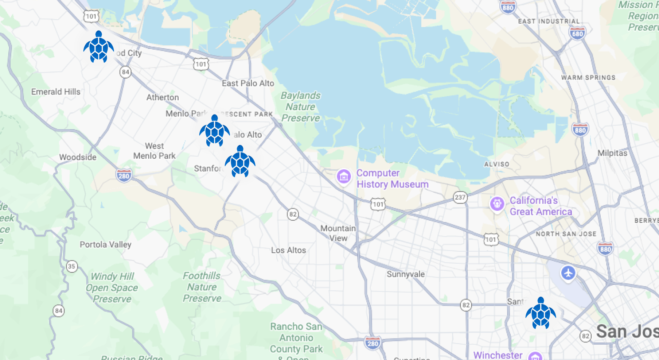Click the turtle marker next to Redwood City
(98, 47)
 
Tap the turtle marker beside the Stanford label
(240, 162)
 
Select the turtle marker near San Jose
(541, 313)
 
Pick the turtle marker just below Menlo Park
(214, 131)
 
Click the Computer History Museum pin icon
(343, 177)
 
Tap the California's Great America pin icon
(497, 204)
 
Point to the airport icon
(568, 273)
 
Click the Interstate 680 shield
(577, 34)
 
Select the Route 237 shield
(460, 197)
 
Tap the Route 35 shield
(71, 266)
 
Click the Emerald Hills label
(56, 92)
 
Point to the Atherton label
(163, 97)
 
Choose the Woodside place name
(78, 157)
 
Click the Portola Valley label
(105, 244)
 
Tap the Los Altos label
(288, 250)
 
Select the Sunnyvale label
(406, 274)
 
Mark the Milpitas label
(612, 153)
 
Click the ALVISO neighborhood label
(496, 164)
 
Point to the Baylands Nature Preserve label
(301, 107)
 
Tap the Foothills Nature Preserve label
(202, 287)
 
